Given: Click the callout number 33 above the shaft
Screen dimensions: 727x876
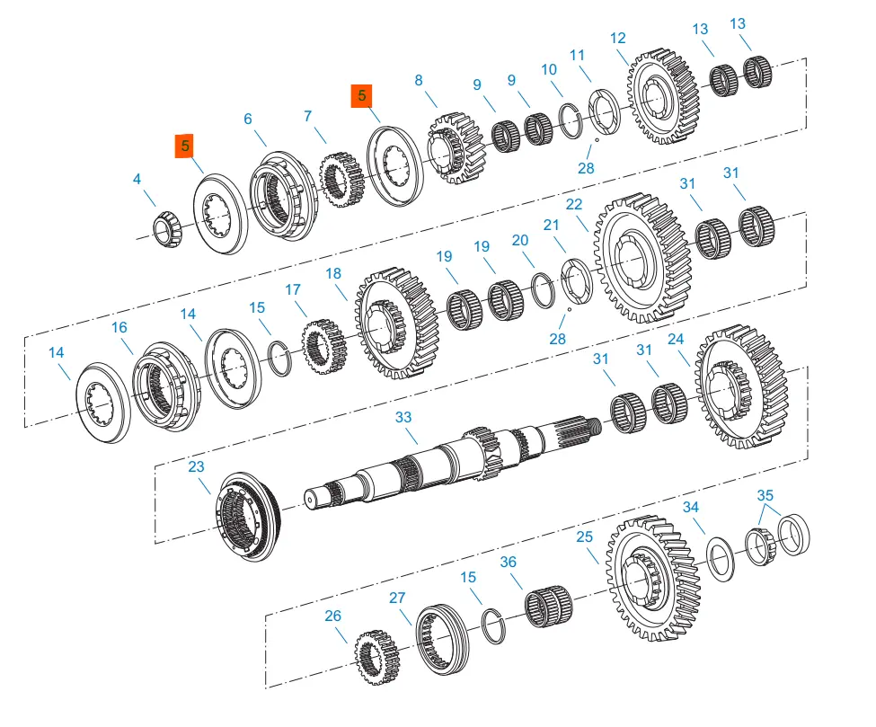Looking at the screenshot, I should click(x=403, y=418).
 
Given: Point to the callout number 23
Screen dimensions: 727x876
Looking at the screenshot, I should click(x=196, y=466).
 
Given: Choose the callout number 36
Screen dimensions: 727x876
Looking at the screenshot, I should click(x=509, y=563).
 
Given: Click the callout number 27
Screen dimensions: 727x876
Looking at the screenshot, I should click(x=397, y=597).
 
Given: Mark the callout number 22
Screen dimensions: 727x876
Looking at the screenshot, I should click(x=574, y=205).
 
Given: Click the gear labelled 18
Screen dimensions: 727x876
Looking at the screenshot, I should click(x=395, y=321).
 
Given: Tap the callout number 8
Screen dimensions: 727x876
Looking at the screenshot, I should click(x=418, y=80).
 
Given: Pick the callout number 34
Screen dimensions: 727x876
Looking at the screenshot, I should click(x=690, y=508).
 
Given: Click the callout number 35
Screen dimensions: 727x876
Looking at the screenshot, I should click(x=765, y=495).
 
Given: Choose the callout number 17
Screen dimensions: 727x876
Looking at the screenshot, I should click(x=293, y=290).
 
